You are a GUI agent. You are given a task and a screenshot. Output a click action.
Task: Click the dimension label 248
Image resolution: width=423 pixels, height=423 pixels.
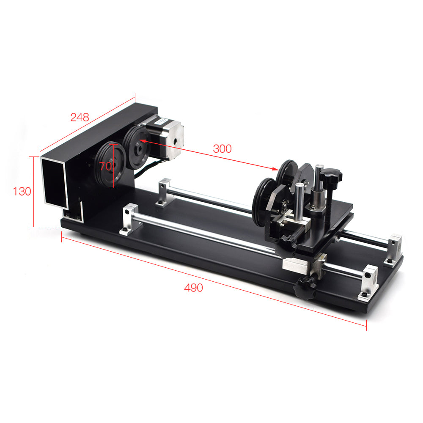pyautogui.click(x=80, y=117)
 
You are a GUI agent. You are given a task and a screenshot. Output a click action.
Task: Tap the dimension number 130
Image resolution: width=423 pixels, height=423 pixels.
pyautogui.click(x=22, y=192)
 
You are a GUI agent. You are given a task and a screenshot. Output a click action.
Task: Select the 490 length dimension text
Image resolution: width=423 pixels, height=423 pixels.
pyautogui.click(x=193, y=288)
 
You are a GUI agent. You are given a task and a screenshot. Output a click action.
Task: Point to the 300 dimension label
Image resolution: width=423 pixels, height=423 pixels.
pyautogui.click(x=222, y=148)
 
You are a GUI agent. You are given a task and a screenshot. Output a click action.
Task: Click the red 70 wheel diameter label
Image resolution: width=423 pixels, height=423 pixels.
pyautogui.click(x=105, y=166)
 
